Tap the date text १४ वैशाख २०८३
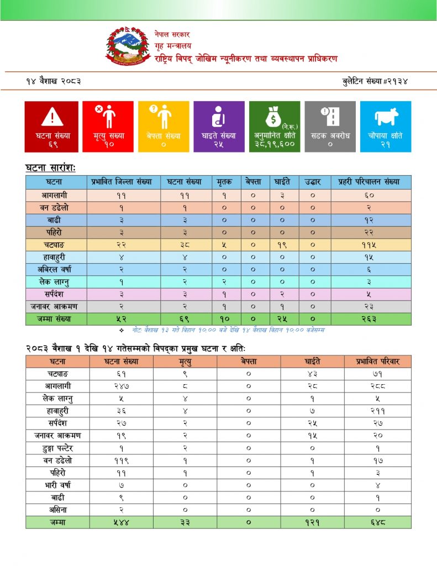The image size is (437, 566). click(54, 81)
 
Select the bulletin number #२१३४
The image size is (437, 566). click(375, 81)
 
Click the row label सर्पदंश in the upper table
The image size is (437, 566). click(57, 295)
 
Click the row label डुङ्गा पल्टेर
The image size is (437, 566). click(57, 448)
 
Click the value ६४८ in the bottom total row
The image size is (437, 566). click(378, 522)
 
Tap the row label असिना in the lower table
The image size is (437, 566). click(57, 510)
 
